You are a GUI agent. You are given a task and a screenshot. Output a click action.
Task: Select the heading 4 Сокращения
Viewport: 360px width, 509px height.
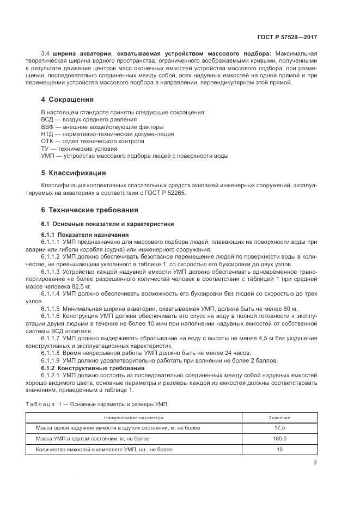pyautogui.click(x=68, y=100)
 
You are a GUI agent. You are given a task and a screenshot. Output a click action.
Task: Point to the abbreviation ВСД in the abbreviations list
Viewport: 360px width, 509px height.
pyautogui.click(x=48, y=119)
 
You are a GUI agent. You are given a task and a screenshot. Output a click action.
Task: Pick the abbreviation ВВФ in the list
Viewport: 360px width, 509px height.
pyautogui.click(x=48, y=126)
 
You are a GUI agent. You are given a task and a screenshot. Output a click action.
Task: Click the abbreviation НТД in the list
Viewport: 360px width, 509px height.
pyautogui.click(x=48, y=134)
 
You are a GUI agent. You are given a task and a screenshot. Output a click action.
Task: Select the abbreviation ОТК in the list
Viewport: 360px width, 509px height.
pyautogui.click(x=48, y=141)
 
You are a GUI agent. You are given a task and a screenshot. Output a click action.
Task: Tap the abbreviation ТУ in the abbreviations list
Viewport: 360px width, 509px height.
pyautogui.click(x=46, y=149)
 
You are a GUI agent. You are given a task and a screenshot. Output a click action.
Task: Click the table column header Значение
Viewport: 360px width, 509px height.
pyautogui.click(x=279, y=418)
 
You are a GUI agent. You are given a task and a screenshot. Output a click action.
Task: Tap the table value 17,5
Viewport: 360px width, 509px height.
pyautogui.click(x=279, y=428)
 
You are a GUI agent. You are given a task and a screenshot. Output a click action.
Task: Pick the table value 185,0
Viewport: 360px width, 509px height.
pyautogui.click(x=279, y=439)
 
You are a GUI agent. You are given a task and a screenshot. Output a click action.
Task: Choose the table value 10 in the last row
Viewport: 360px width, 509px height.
pyautogui.click(x=279, y=450)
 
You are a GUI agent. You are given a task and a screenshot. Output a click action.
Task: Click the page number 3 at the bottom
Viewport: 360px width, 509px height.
pyautogui.click(x=315, y=463)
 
